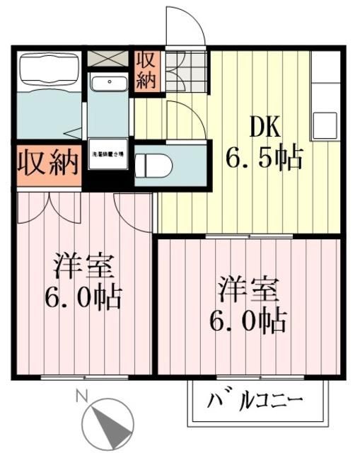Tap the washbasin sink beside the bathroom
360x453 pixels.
[x=108, y=84]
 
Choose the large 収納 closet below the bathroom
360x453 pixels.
[x=47, y=164]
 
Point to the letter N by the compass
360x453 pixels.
[x=83, y=397]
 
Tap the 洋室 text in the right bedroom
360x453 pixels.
[x=248, y=290]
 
